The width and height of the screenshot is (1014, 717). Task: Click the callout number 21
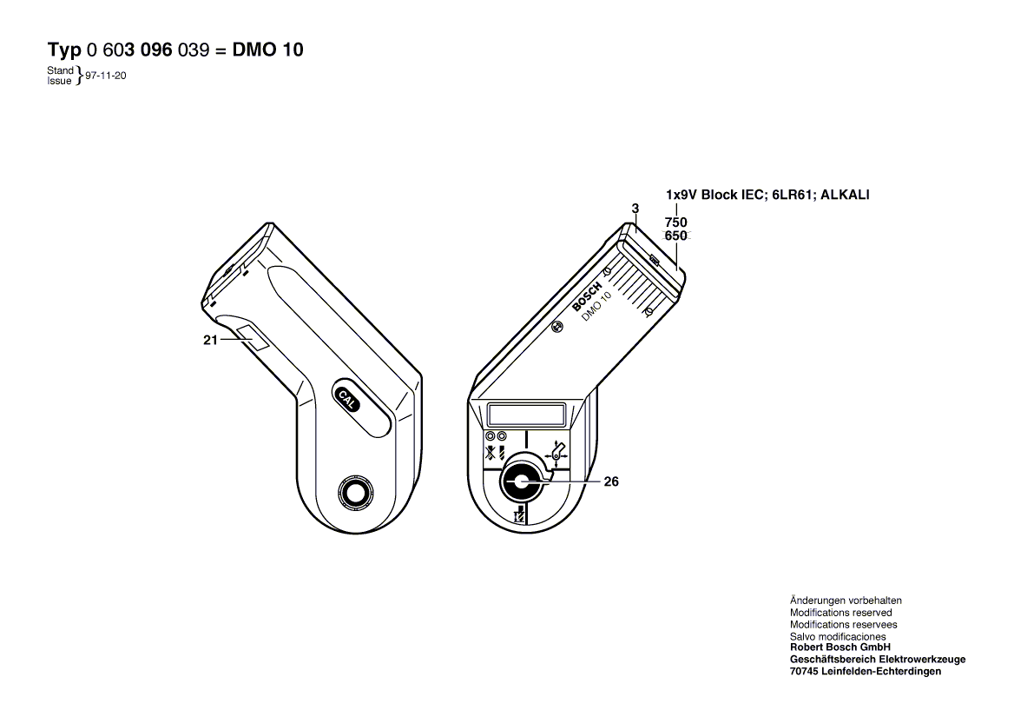[x=209, y=341]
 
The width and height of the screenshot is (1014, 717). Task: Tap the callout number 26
[x=611, y=481]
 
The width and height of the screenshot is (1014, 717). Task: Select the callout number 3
[x=635, y=208]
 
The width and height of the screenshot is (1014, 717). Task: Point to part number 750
[x=676, y=222]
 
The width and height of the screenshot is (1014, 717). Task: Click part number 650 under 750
[x=676, y=236]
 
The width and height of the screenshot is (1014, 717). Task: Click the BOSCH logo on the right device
[x=587, y=296]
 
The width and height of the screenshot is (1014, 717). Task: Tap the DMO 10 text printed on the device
[x=596, y=308]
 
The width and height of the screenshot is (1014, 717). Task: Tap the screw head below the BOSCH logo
[x=558, y=327]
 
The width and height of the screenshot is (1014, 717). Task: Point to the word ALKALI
[x=842, y=195]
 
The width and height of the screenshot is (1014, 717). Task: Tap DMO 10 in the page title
[x=268, y=50]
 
